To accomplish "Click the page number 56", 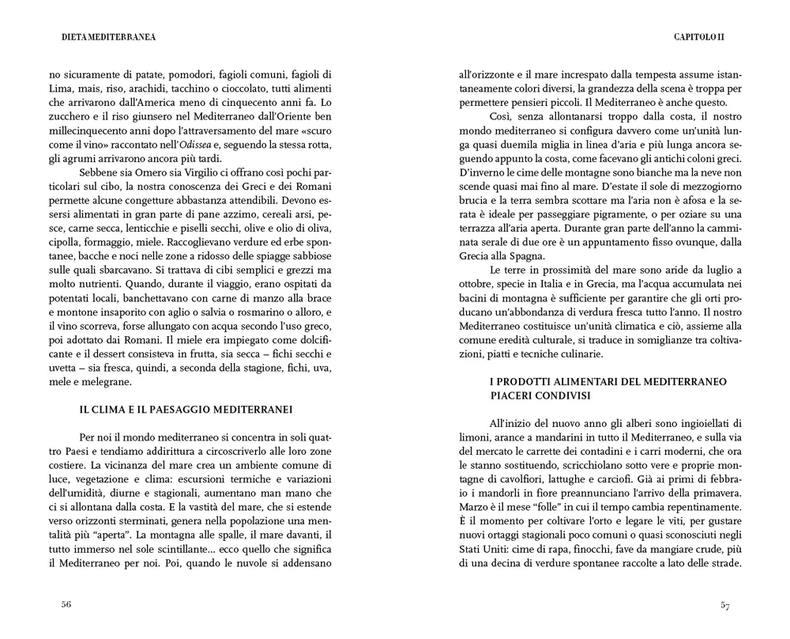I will coord(66,605).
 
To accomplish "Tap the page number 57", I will coord(724,605).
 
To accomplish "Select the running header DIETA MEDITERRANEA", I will coord(108,36).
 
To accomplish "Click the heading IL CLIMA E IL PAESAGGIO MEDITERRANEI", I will coord(186,410).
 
